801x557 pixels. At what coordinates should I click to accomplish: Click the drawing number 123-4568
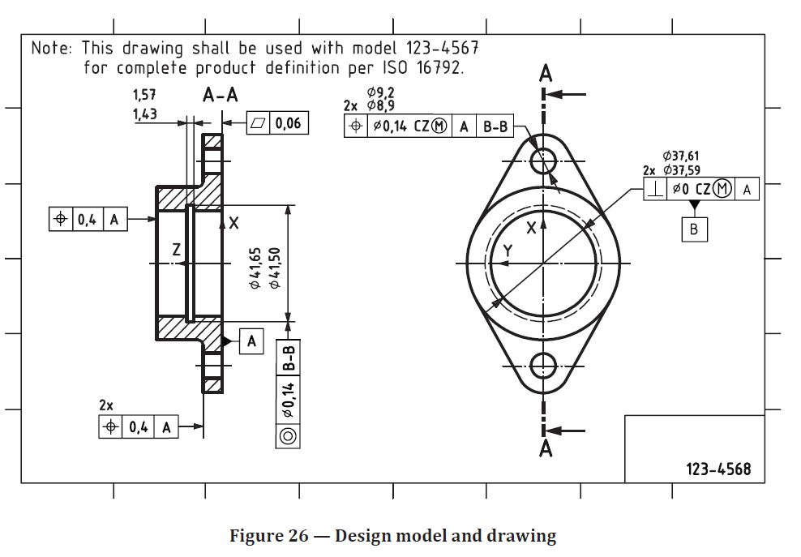coord(718,469)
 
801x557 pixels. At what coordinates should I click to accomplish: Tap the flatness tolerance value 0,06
coord(288,123)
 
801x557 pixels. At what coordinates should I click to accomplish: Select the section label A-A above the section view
coord(221,96)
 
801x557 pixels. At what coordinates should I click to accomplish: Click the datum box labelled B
coord(694,229)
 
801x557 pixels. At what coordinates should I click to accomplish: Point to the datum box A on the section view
coord(251,342)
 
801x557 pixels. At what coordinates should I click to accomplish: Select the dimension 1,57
coord(144,96)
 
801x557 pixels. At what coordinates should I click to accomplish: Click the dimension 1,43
coord(144,114)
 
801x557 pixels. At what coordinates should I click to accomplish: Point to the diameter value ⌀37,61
coord(681,156)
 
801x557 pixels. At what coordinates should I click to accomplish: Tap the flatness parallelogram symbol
coord(257,123)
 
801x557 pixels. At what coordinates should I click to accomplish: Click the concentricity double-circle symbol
coord(288,435)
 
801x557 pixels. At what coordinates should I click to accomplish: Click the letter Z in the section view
coord(177,251)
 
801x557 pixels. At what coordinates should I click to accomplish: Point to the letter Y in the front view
coord(507,251)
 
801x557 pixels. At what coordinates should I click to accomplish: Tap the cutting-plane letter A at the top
coord(546,75)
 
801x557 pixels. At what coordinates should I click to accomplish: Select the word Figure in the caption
coord(257,536)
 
